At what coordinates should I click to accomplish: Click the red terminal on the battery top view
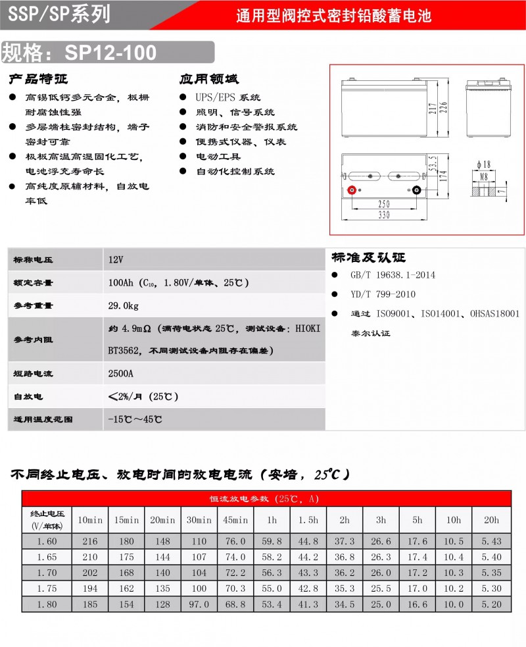352,190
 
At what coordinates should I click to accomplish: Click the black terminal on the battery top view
416,190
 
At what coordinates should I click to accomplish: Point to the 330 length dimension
384,215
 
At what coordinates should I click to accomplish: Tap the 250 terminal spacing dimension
384,204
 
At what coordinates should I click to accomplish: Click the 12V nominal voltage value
116,260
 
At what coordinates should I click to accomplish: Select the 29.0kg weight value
124,305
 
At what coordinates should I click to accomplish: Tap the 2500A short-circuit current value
121,373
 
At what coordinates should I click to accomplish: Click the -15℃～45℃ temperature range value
135,419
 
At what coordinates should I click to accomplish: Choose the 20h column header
491,519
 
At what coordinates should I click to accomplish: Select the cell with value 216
90,541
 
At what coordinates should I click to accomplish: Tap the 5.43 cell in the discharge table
491,541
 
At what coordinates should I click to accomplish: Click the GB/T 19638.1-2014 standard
393,274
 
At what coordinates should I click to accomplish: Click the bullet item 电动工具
219,157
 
